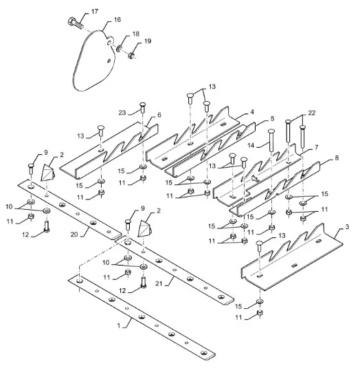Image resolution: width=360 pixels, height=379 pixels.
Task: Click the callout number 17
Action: point(95,12)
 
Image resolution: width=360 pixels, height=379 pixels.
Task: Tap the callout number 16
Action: point(117,19)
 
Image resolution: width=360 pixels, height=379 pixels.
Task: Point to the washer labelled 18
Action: point(120,49)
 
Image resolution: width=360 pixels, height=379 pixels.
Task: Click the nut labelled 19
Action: point(131,56)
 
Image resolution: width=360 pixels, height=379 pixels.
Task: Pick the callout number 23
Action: point(122,113)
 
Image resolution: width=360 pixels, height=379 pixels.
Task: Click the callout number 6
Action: point(159,115)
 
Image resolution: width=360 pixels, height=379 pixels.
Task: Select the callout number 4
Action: point(252,112)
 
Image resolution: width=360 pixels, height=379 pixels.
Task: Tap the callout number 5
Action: point(273,119)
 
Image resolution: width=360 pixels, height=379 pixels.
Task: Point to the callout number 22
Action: point(312,113)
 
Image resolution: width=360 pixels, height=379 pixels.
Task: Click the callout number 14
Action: point(251,145)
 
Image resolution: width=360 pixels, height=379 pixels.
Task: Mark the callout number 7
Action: point(317,147)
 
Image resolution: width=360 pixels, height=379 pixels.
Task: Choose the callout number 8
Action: point(337,158)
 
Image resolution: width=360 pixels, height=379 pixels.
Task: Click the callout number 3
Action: point(347,227)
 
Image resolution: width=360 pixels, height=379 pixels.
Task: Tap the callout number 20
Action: point(74,235)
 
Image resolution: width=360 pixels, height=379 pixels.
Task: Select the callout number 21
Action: point(159,283)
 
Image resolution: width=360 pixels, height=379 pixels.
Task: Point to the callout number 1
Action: point(119,325)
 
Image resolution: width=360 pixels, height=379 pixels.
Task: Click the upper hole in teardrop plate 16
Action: point(110,43)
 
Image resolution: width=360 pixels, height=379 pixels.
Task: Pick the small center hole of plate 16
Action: point(109,61)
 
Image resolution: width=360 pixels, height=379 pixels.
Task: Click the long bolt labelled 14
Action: point(271,140)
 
